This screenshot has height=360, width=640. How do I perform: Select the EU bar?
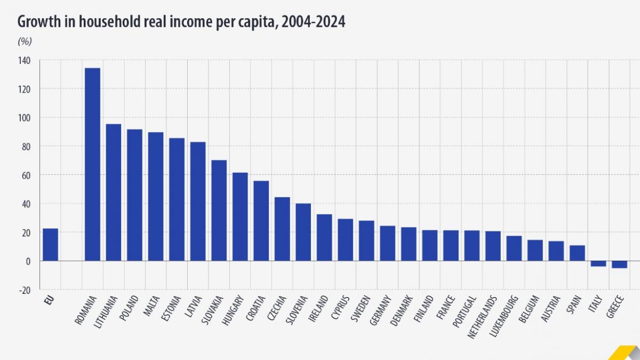point(50,245)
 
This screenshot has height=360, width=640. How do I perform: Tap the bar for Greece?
point(619,265)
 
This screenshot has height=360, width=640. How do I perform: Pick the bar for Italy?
point(598,263)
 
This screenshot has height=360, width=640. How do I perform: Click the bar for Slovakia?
point(219,210)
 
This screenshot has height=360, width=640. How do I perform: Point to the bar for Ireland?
point(324,237)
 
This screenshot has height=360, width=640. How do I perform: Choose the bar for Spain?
point(577,253)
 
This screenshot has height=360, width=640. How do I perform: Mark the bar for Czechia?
point(282,229)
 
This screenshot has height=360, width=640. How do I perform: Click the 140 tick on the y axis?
point(25,61)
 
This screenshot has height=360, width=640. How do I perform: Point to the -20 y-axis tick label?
point(25,290)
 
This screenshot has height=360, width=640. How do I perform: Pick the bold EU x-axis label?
point(50,301)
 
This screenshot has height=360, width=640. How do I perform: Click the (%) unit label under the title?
point(25,41)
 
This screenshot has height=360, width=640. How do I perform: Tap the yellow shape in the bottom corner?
point(625,353)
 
